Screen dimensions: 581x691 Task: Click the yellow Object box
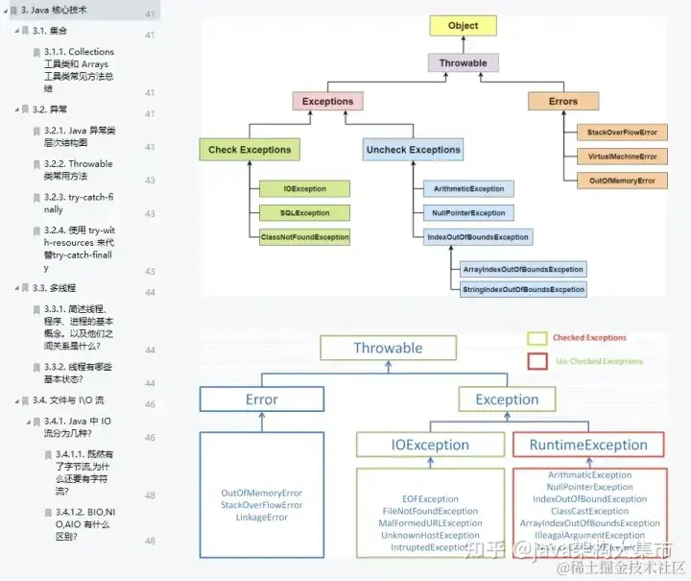(x=463, y=26)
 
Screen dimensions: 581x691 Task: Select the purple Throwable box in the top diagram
(x=463, y=63)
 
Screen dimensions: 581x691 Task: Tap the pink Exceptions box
(x=327, y=101)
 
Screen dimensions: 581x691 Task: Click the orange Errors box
(x=563, y=101)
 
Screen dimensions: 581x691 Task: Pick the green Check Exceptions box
(x=250, y=150)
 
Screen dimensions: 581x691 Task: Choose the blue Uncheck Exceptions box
(x=414, y=150)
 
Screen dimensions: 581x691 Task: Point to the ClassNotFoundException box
(x=305, y=236)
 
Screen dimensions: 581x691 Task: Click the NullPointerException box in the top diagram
(x=467, y=213)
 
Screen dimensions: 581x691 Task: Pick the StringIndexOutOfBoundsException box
(x=522, y=289)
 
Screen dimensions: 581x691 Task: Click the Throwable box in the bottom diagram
(x=388, y=348)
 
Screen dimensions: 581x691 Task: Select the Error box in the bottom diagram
(x=261, y=399)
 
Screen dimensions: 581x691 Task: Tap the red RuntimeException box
(x=588, y=445)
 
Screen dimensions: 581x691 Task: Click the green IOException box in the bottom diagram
(x=430, y=445)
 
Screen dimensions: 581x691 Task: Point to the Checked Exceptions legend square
(x=537, y=338)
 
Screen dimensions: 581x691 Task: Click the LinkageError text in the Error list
(x=261, y=518)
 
